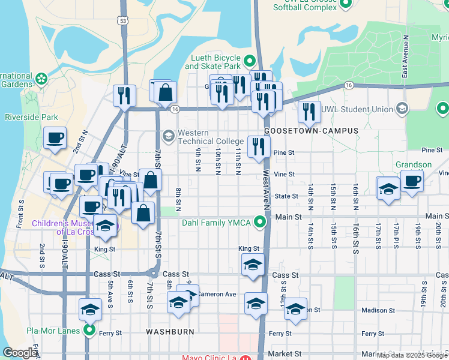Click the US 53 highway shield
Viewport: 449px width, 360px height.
(x=122, y=21)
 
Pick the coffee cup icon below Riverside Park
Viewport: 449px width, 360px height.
(x=55, y=138)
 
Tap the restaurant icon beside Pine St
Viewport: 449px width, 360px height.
(x=259, y=146)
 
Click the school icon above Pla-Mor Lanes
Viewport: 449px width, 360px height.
(x=90, y=309)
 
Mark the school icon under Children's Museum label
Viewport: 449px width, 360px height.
(x=106, y=226)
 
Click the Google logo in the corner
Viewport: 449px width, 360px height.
(x=20, y=353)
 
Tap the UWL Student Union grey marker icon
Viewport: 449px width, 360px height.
(x=402, y=109)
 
